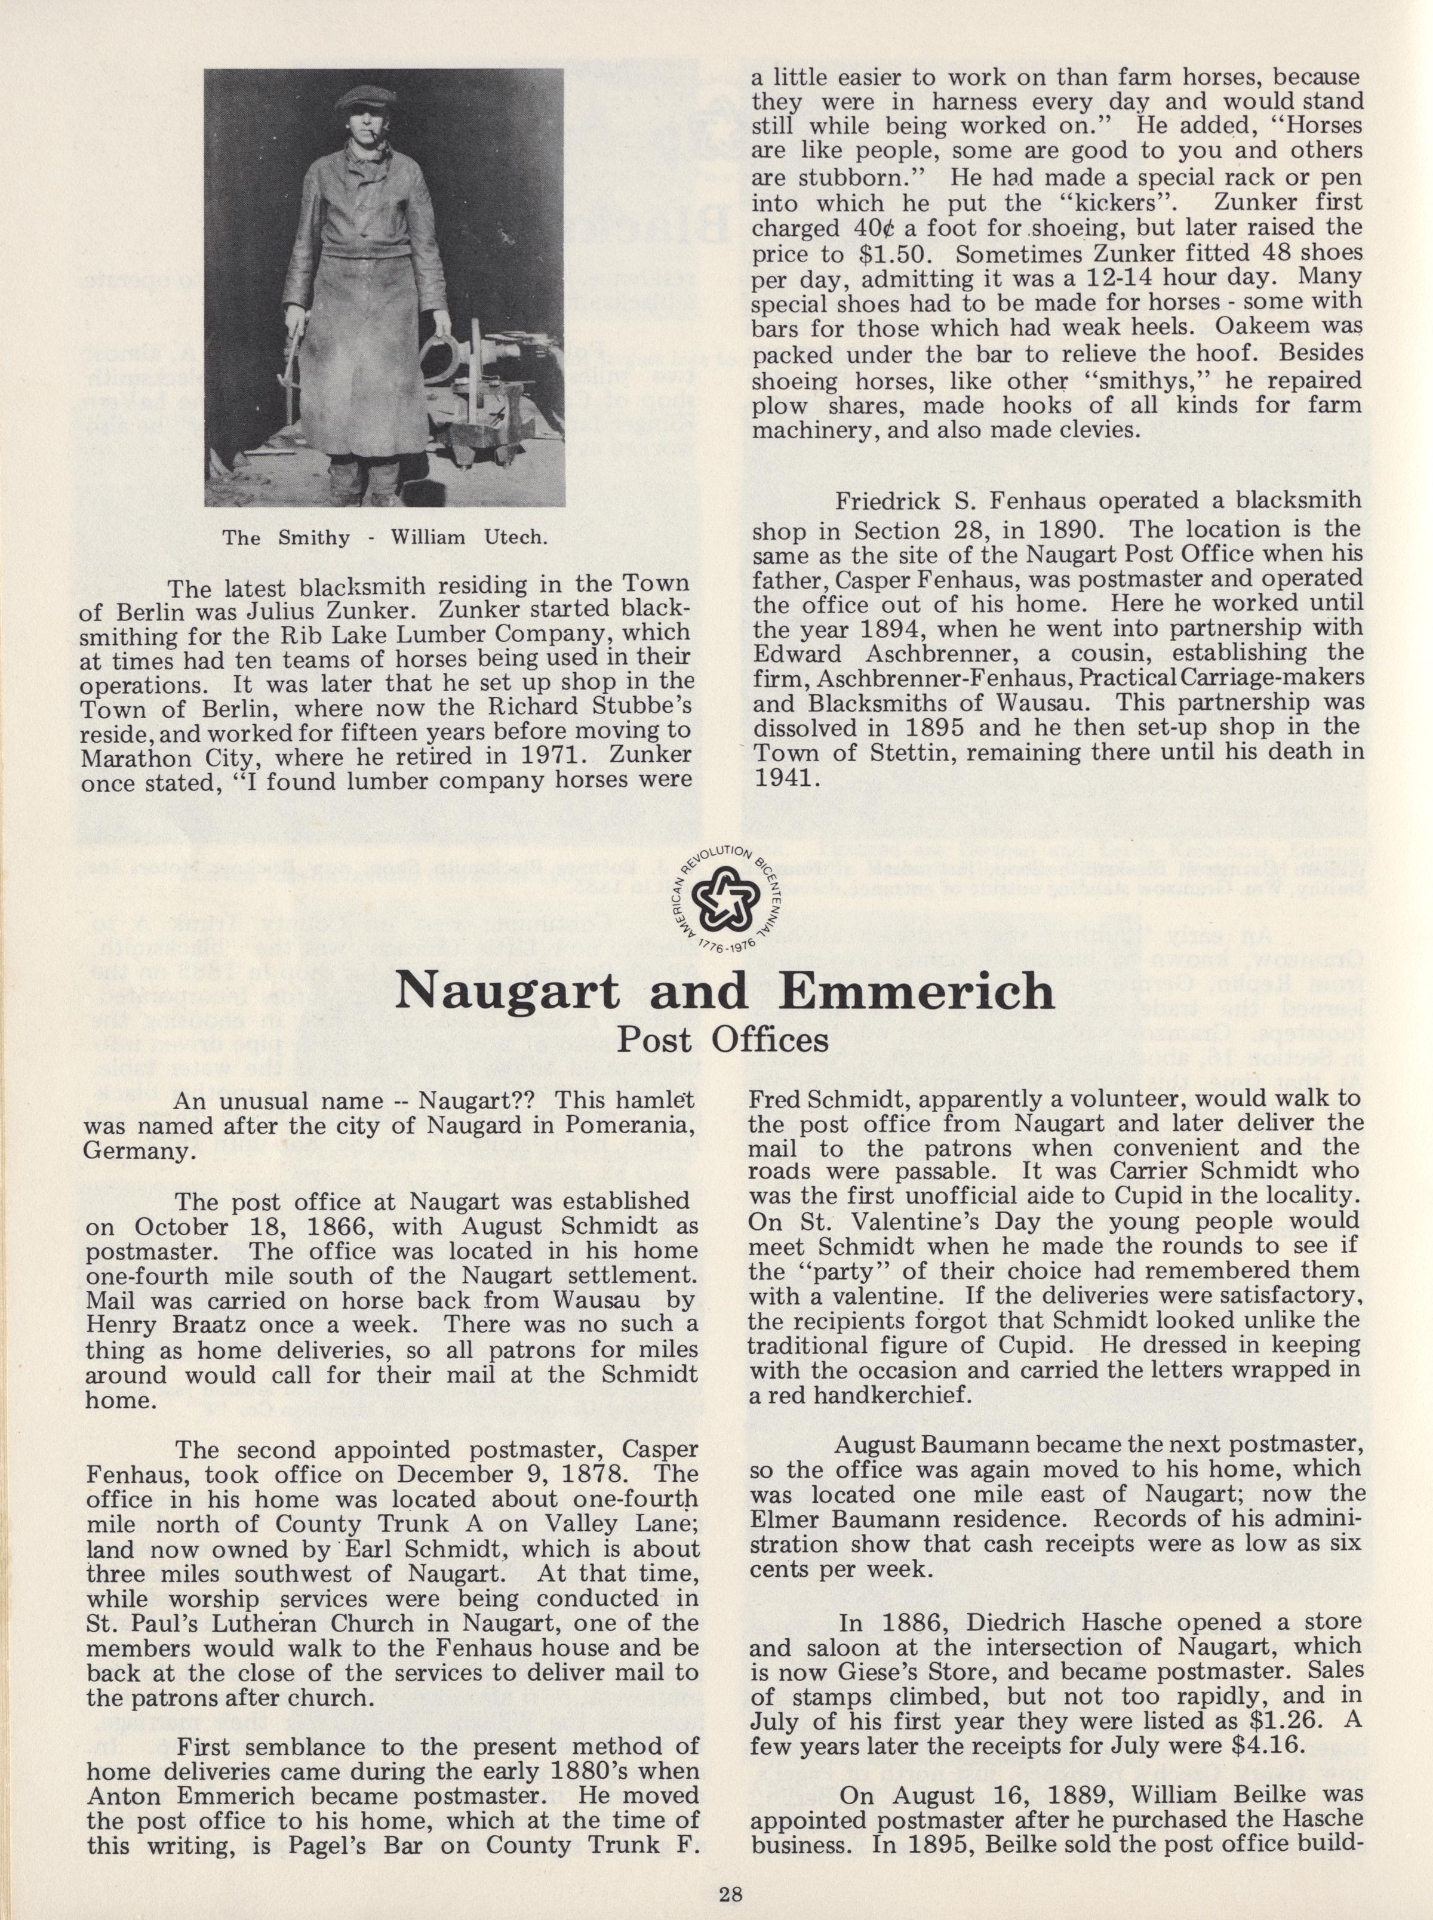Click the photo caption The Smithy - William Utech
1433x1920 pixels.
(x=385, y=536)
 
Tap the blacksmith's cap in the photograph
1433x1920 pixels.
(x=343, y=96)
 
